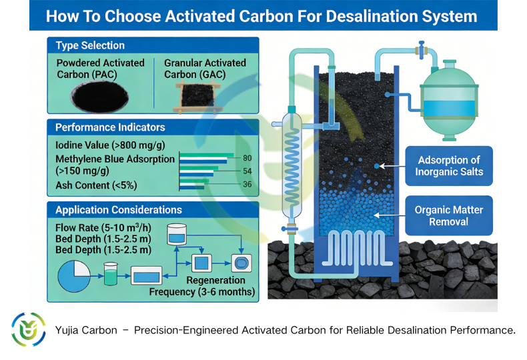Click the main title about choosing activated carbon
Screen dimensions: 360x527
click(262, 16)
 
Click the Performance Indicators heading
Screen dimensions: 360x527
click(110, 127)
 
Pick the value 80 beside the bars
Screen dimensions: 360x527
click(247, 158)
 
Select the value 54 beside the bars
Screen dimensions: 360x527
click(247, 172)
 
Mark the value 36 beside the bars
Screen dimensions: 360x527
click(247, 185)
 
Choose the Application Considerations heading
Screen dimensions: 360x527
click(118, 210)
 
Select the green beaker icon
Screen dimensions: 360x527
click(110, 273)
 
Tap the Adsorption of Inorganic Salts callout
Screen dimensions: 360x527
click(449, 166)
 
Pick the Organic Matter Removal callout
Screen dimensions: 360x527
click(449, 216)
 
